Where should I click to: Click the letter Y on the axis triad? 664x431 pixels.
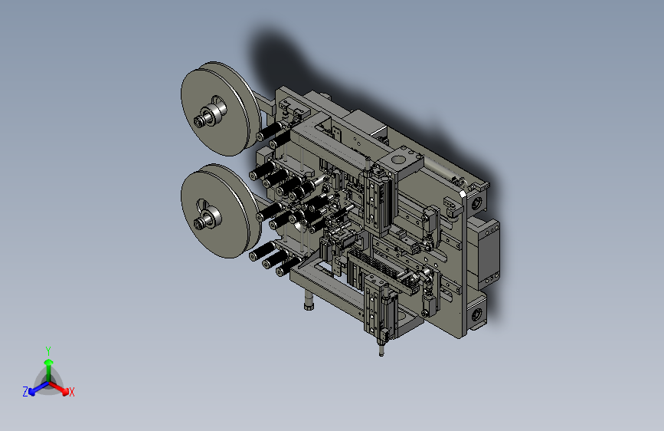point(48,350)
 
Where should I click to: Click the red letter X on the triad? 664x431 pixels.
point(71,392)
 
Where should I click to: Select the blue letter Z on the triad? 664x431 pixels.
point(25,392)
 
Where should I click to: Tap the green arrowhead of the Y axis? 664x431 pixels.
point(49,362)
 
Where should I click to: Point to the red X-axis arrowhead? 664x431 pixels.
point(65,391)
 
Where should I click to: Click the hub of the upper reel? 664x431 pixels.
point(210,115)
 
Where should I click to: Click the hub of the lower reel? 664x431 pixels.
point(208,219)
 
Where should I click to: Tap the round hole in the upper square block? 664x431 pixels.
point(399,160)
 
